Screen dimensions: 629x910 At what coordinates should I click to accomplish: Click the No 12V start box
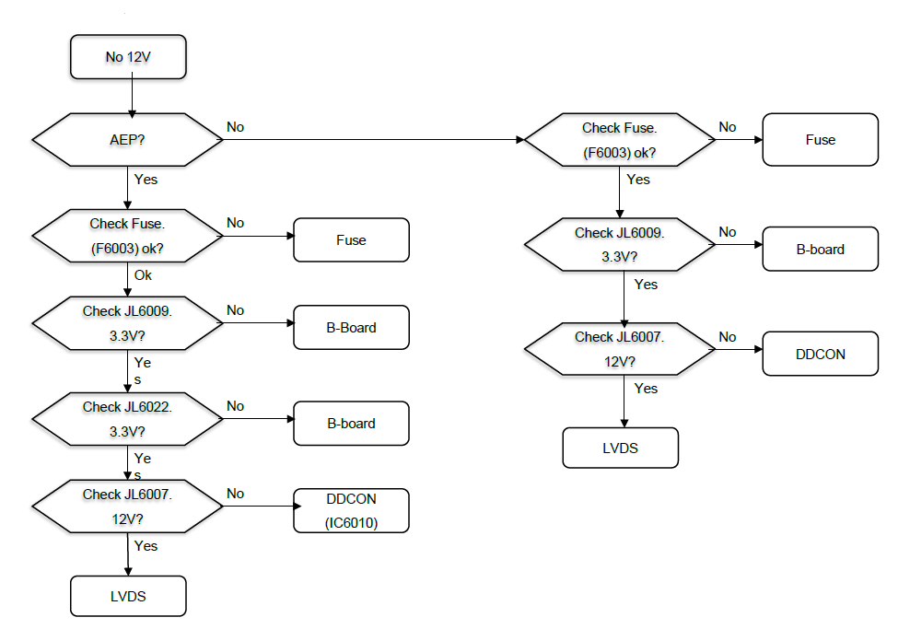click(128, 57)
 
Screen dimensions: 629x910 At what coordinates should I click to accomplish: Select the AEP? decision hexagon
click(128, 140)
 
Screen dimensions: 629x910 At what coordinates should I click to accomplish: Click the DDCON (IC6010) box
click(351, 510)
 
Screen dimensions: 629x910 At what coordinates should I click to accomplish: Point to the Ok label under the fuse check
click(144, 274)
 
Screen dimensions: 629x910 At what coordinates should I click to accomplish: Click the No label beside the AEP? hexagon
click(235, 126)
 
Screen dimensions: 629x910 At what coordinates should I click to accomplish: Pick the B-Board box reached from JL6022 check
click(351, 424)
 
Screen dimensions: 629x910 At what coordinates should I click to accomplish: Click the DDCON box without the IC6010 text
click(820, 354)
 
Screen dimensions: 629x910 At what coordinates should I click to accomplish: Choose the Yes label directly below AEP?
click(146, 179)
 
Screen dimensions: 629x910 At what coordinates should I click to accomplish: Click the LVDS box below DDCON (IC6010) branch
click(128, 596)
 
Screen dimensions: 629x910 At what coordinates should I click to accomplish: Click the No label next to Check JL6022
click(235, 406)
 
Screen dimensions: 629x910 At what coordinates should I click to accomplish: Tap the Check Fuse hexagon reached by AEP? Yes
click(128, 236)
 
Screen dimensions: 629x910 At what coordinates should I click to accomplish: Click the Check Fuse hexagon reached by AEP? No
click(620, 140)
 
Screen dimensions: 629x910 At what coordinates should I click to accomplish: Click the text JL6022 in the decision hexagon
click(146, 406)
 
